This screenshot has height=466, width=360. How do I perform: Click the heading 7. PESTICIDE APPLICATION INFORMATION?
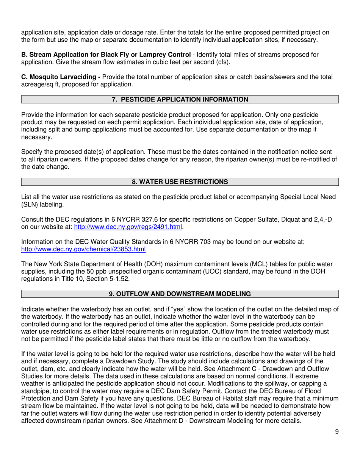[x=180, y=100]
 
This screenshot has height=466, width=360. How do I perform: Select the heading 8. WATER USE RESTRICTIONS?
[x=180, y=182]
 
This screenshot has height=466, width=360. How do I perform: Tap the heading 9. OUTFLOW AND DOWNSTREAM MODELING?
[x=180, y=294]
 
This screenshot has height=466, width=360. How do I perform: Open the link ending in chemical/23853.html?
[x=83, y=249]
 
